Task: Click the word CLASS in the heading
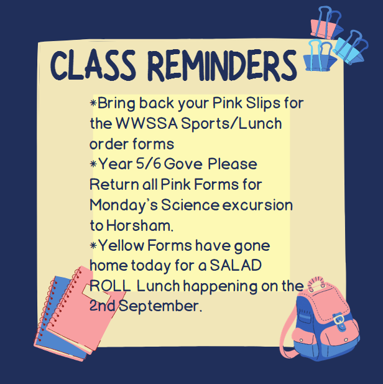(93, 65)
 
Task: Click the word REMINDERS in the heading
(222, 65)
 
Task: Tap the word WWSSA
(146, 123)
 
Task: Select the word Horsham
(140, 225)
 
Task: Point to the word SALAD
(236, 265)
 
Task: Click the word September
(160, 306)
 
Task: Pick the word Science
(190, 205)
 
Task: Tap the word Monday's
(124, 206)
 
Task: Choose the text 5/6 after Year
(149, 164)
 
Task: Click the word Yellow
(121, 245)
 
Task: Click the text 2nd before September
(103, 306)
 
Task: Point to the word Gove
(183, 164)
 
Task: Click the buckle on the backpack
(339, 320)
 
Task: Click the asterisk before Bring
(93, 103)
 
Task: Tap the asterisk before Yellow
(93, 245)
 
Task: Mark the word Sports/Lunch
(231, 124)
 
